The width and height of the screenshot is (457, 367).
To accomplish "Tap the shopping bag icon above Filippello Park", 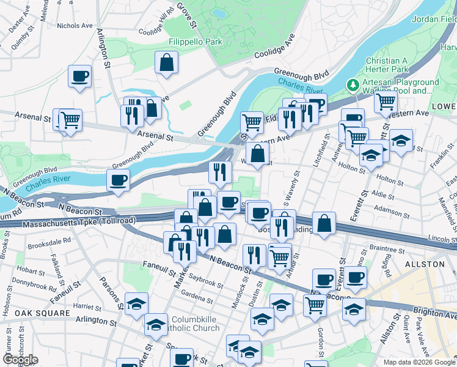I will click(166, 62).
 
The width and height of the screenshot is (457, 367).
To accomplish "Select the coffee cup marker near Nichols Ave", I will click(79, 76).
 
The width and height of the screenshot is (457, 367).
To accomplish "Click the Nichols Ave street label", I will click(75, 26).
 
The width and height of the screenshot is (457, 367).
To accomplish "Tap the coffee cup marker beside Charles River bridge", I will click(118, 180).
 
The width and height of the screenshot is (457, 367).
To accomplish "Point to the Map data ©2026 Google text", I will click(419, 362).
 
